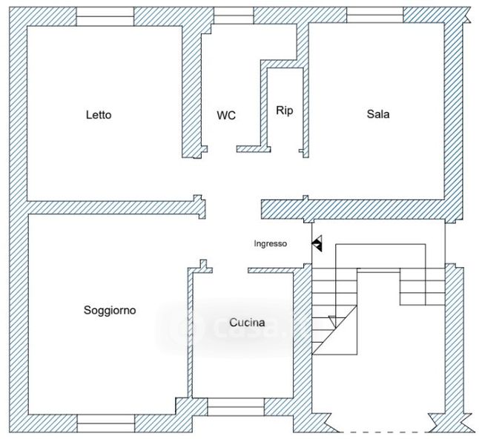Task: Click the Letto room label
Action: coord(99,115)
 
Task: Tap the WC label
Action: coord(226,115)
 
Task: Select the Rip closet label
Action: coord(285,111)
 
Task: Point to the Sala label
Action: coord(378,114)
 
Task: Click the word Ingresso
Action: coord(271,243)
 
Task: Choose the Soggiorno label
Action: coord(110,310)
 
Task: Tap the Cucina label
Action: coord(247,323)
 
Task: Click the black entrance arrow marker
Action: coord(317,243)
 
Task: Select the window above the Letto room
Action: coord(105,16)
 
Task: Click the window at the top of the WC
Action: coord(234,16)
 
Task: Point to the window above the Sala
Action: coord(375,15)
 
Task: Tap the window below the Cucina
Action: coord(236,406)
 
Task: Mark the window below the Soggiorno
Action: coord(106,423)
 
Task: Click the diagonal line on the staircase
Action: coord(334,330)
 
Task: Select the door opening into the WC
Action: coord(222,149)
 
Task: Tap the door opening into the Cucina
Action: coord(230,271)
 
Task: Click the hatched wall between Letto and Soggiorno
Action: coord(116,208)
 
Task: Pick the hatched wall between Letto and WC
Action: coord(191,92)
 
